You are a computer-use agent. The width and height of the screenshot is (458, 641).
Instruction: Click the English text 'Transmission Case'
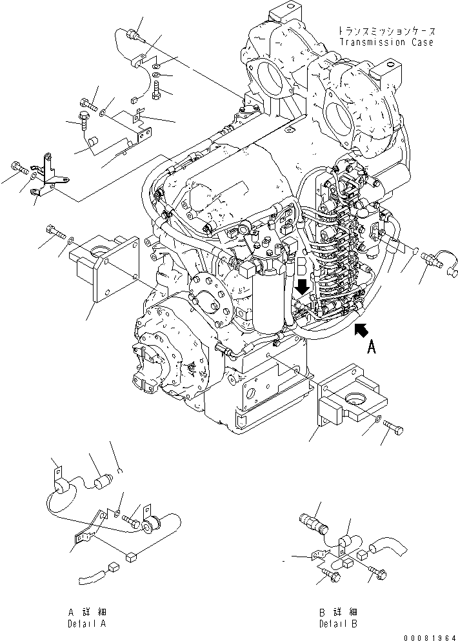click(386, 43)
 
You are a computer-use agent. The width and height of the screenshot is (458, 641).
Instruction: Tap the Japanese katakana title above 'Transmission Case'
click(385, 31)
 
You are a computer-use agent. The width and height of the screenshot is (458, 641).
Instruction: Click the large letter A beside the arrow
click(371, 348)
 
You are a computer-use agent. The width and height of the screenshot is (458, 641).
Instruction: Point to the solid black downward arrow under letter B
click(301, 284)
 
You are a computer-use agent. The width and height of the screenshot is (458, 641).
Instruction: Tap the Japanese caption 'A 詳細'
click(89, 611)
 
